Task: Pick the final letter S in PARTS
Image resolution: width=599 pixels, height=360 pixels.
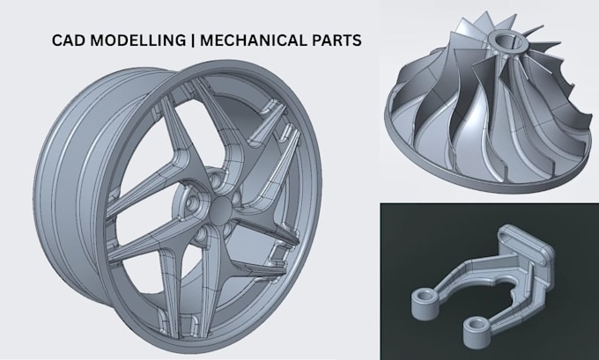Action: pos(357,40)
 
